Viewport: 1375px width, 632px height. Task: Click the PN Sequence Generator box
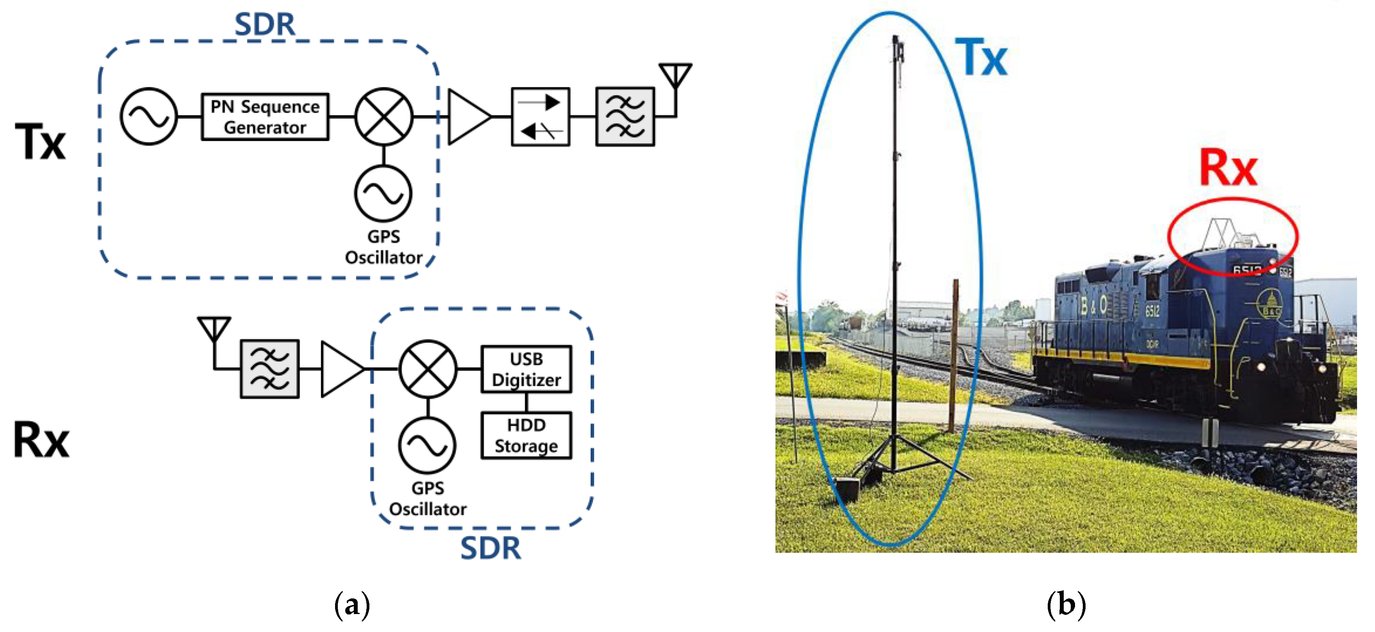(265, 117)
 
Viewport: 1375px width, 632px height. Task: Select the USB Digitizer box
(526, 369)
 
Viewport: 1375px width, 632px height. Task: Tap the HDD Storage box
(526, 435)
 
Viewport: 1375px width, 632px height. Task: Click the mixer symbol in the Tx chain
(384, 116)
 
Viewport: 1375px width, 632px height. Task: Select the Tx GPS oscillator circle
(383, 193)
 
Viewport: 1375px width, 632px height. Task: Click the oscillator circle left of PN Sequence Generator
(149, 116)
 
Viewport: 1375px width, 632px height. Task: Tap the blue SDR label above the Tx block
(265, 25)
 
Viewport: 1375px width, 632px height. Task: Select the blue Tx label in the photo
(981, 58)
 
